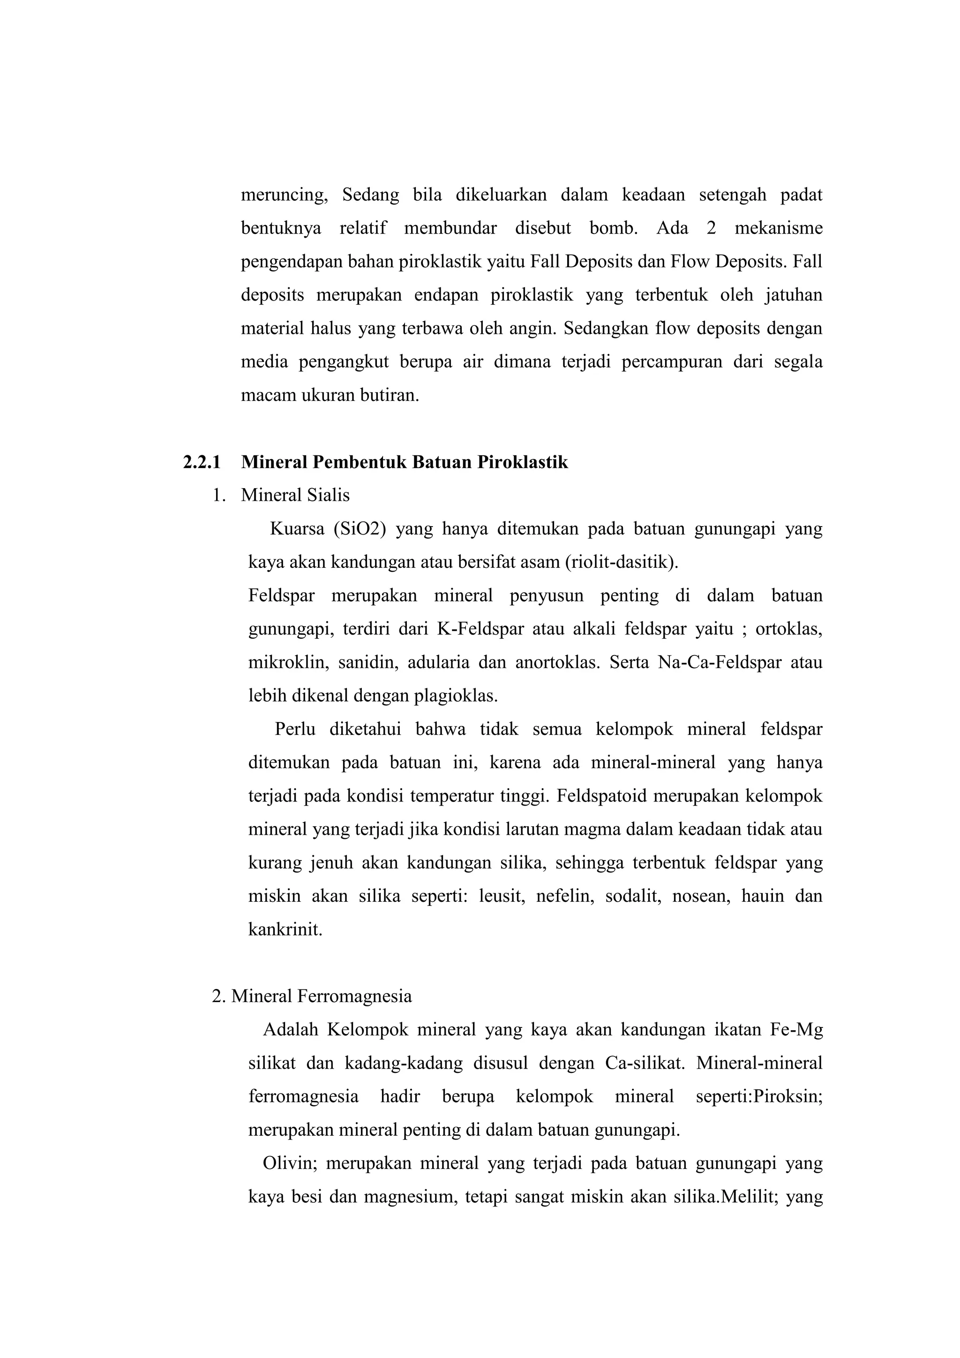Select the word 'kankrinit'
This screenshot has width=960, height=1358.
tap(285, 929)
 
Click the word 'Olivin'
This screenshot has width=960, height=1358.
tap(290, 1163)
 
